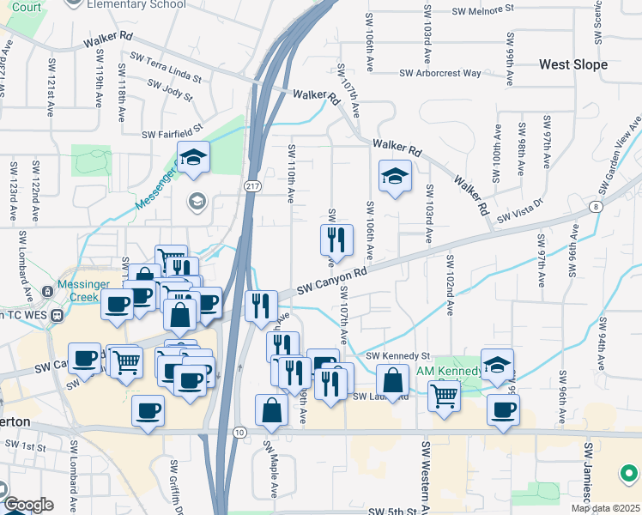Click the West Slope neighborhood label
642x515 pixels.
click(x=572, y=64)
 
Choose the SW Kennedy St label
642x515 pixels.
click(x=397, y=355)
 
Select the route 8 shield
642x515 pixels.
click(x=595, y=207)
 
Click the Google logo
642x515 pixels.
click(x=28, y=505)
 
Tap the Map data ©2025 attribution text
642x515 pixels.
click(x=606, y=508)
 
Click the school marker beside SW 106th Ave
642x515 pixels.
click(x=395, y=178)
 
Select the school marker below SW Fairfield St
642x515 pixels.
click(x=193, y=158)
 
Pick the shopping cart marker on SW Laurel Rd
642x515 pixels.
click(x=444, y=397)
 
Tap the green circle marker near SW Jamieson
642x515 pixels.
click(x=629, y=472)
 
